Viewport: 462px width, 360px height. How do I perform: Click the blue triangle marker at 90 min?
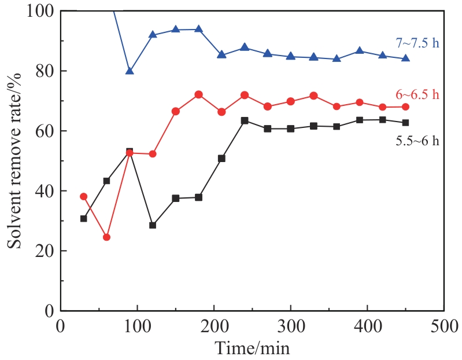(130, 71)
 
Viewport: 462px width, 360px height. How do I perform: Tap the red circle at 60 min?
(106, 237)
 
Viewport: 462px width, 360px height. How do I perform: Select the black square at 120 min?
(153, 225)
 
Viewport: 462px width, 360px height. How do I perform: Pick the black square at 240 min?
(245, 120)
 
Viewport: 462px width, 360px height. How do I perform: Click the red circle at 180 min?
(199, 94)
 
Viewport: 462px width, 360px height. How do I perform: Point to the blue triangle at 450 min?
(406, 58)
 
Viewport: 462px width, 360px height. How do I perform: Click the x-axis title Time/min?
(252, 348)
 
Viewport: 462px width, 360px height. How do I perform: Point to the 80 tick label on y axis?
(43, 71)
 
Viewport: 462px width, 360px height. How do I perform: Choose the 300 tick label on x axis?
(290, 326)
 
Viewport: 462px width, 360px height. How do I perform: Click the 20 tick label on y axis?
(43, 251)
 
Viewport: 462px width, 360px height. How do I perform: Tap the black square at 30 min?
(83, 219)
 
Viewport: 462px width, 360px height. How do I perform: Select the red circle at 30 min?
(83, 196)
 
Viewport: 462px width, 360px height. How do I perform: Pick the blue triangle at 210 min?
(221, 54)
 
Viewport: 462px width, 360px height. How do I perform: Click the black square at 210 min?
(221, 158)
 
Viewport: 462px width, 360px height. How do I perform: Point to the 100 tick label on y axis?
(39, 10)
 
